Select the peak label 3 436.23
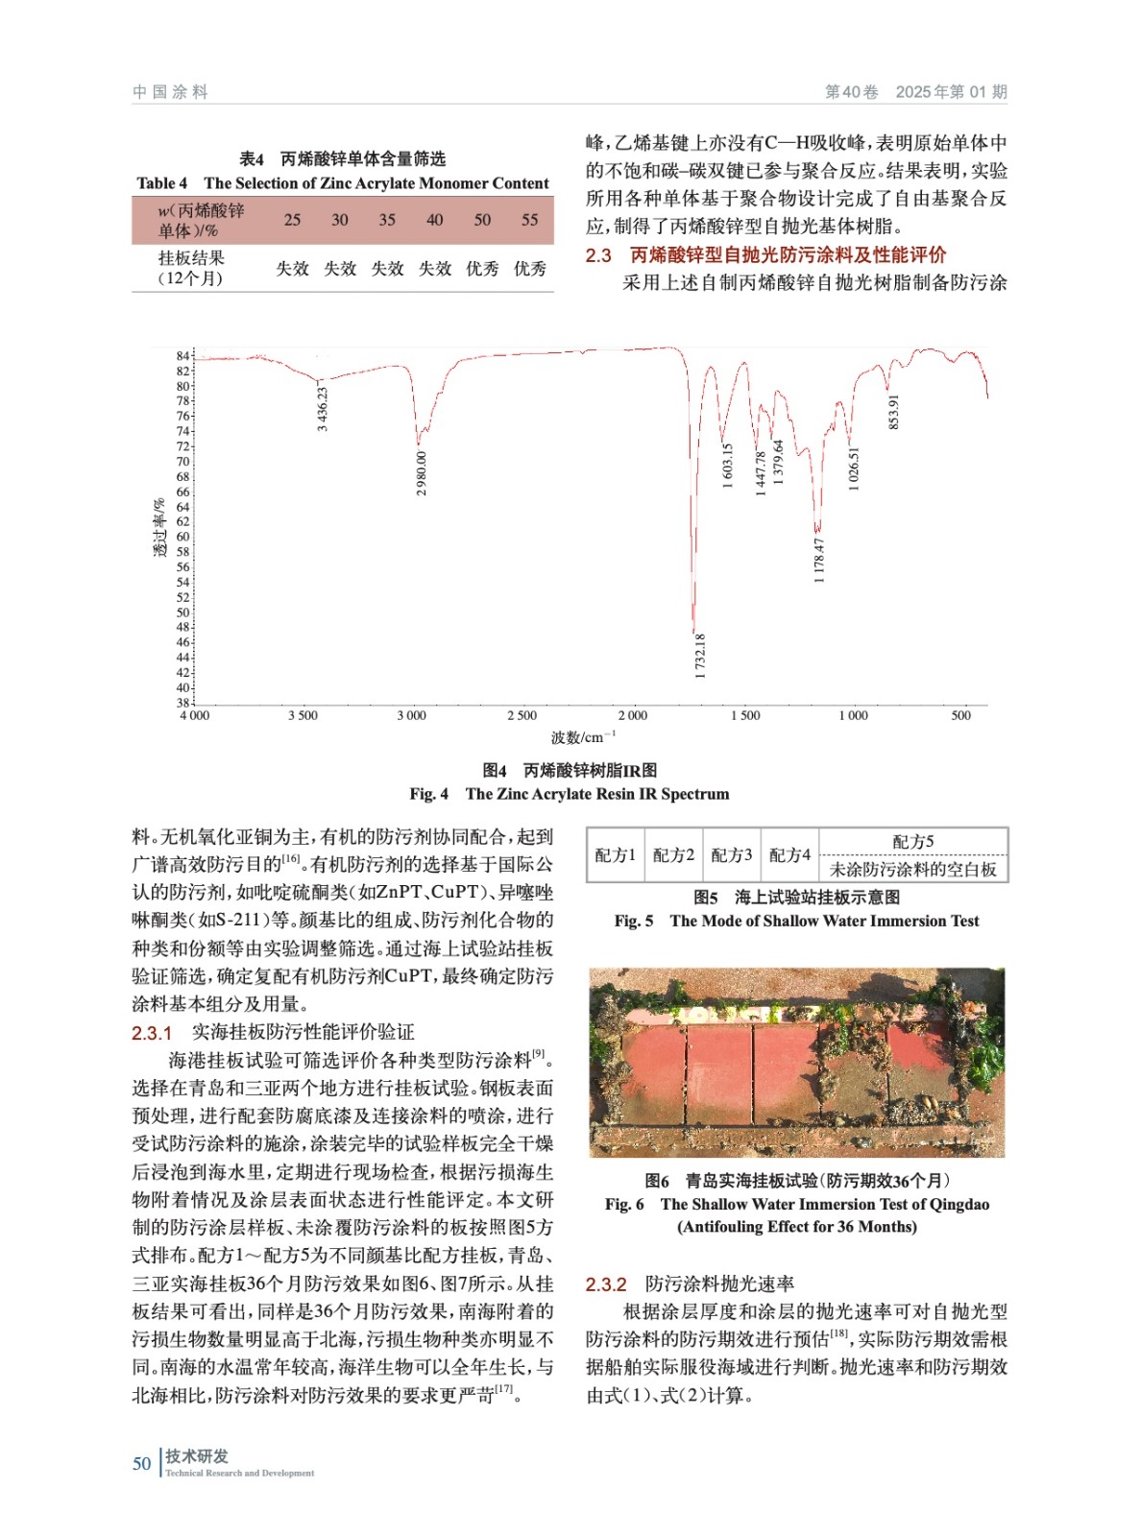(323, 408)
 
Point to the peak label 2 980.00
(422, 473)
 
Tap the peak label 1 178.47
(818, 560)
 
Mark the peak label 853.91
(894, 412)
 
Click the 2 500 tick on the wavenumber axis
(522, 716)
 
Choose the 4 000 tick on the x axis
(194, 716)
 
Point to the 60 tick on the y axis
(182, 537)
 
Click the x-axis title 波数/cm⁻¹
(583, 737)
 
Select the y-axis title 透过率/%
(159, 528)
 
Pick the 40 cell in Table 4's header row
(435, 220)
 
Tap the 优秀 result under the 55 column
(530, 269)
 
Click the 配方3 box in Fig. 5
(731, 854)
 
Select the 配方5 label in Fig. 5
(912, 841)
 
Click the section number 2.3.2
(606, 1284)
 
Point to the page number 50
(142, 1463)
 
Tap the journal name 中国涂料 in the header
(170, 92)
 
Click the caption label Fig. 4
(428, 794)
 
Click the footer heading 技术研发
(197, 1455)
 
